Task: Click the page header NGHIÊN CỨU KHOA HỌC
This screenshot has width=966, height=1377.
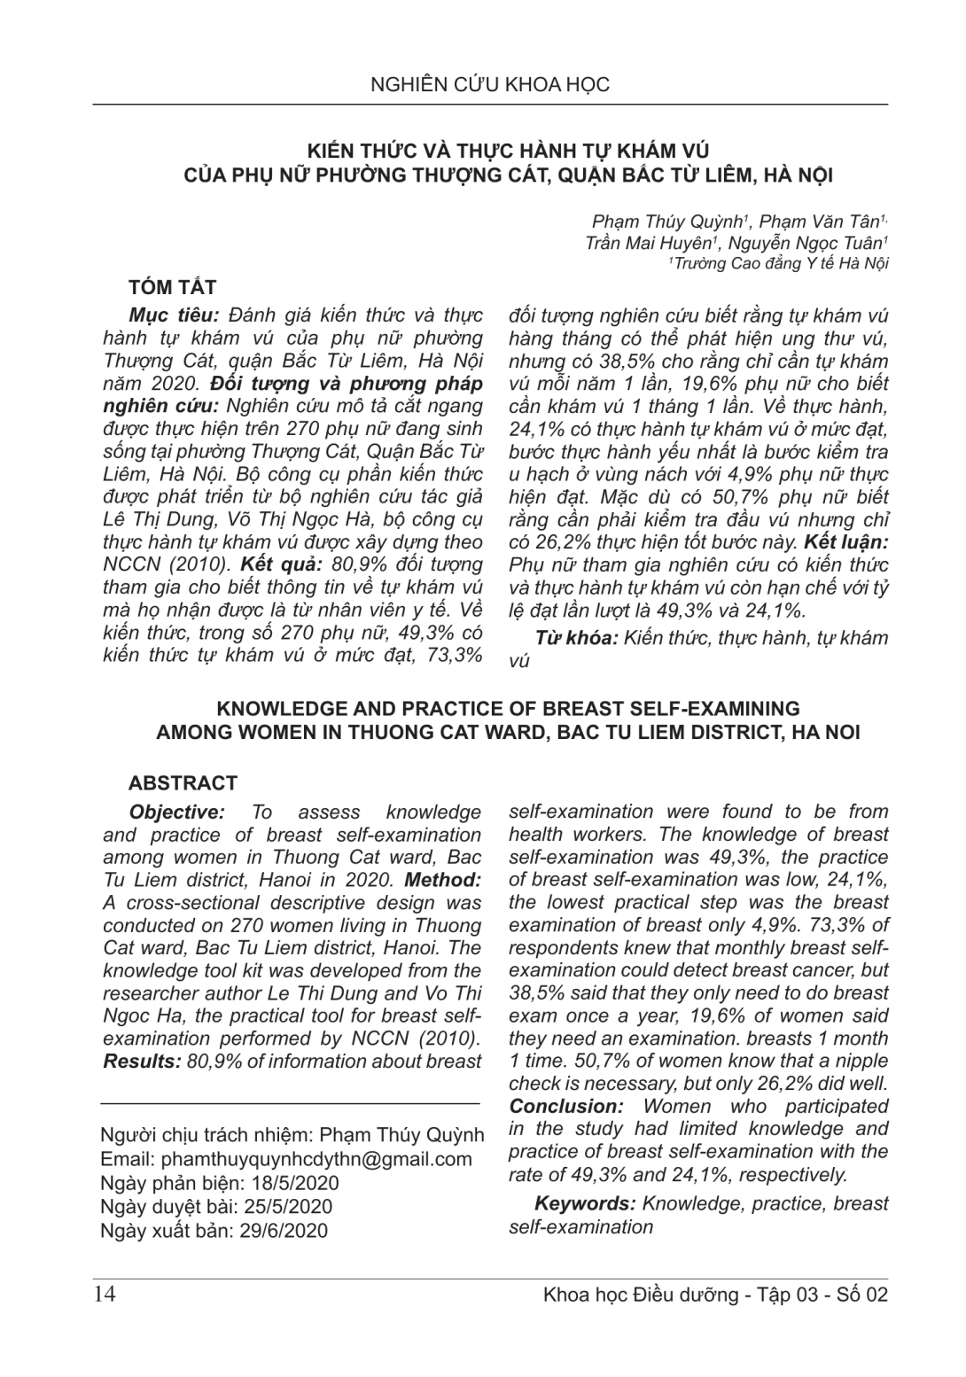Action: tap(490, 85)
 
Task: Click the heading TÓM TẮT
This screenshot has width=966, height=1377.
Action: tap(172, 287)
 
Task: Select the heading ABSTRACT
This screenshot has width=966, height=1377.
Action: tap(183, 783)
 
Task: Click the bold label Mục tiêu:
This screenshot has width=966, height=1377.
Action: tap(174, 316)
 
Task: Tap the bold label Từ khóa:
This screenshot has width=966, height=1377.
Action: tap(576, 638)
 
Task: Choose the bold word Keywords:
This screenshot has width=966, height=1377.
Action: tap(585, 1203)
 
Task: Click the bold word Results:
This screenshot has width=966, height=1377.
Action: tap(143, 1062)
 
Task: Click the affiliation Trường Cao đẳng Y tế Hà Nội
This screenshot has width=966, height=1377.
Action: tap(780, 263)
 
